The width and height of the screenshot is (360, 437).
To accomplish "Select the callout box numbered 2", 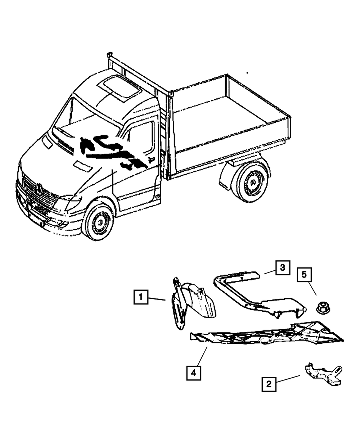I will click(x=269, y=384).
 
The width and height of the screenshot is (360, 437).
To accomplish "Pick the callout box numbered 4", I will click(x=193, y=373).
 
